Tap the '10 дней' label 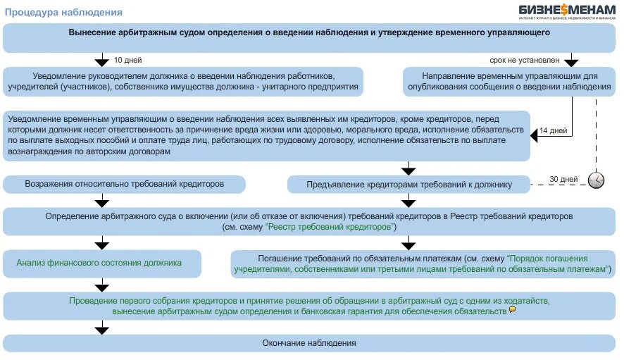point(127,60)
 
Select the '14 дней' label point(553,131)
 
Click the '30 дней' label point(563,179)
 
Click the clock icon point(596,180)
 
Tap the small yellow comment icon point(512,309)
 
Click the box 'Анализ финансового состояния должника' point(103,263)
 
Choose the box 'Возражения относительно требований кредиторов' point(125,184)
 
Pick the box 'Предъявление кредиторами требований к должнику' point(408,185)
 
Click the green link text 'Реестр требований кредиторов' point(330,228)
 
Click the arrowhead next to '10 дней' point(103,61)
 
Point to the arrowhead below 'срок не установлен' point(571,61)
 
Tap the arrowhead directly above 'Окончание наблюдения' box point(103,328)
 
